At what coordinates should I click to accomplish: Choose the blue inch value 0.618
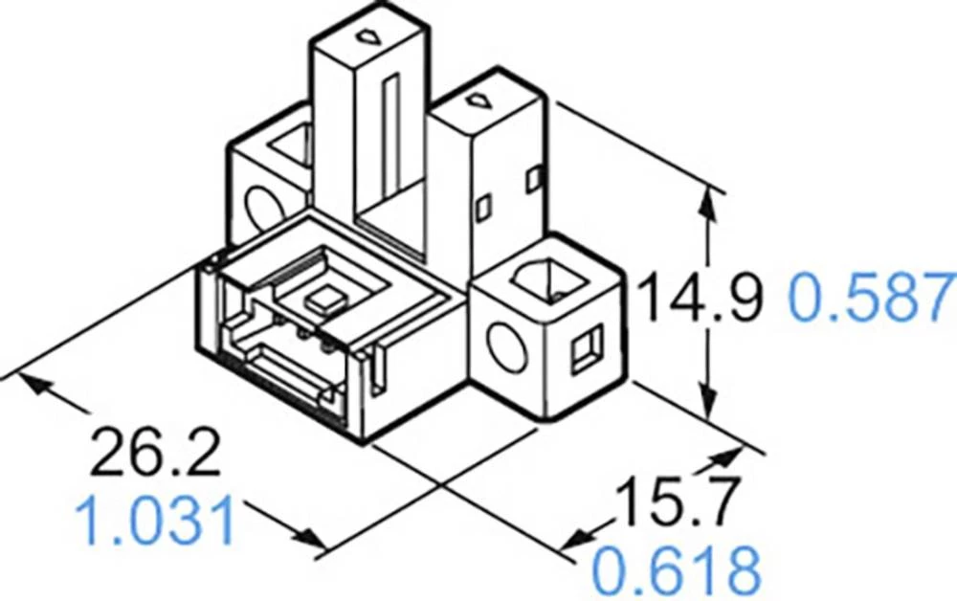(676, 570)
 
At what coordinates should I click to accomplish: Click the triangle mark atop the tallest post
(366, 37)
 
